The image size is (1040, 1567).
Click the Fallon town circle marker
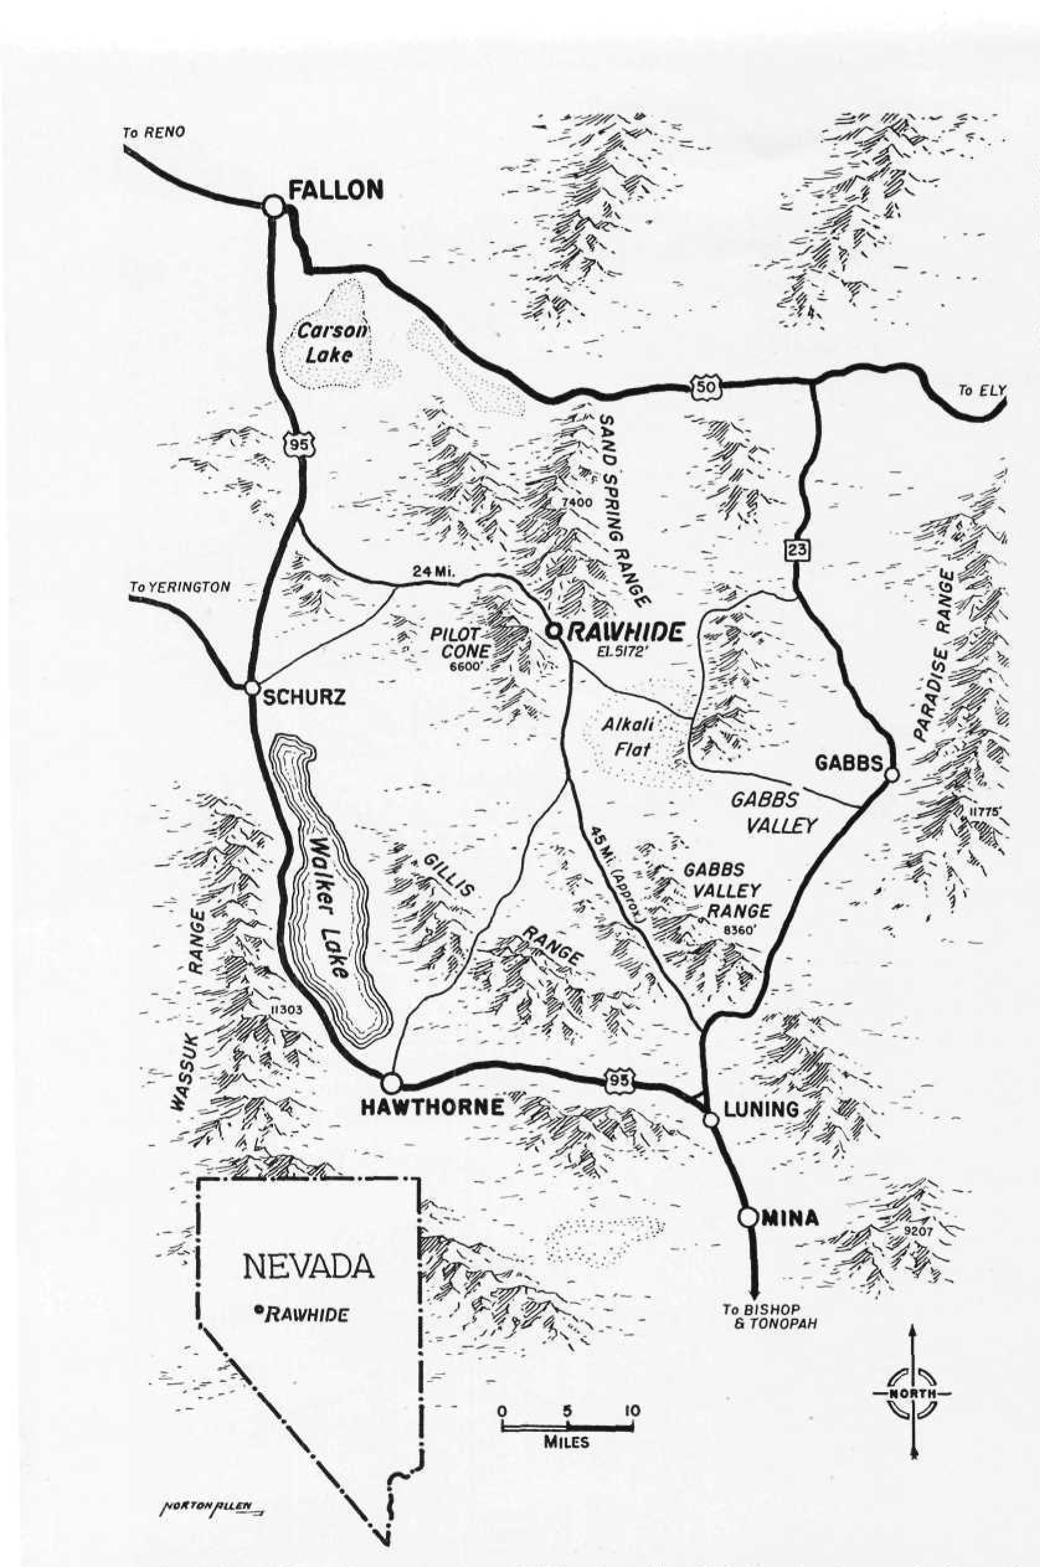click(272, 205)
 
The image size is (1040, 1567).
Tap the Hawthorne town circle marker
click(392, 1084)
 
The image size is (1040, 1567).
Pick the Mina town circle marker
click(749, 1217)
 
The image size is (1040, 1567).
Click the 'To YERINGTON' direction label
click(180, 587)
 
